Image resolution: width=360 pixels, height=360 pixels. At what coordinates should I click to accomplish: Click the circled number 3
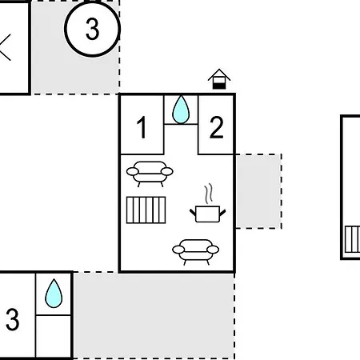coord(92,28)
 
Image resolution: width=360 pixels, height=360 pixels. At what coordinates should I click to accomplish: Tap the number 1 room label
coord(142,127)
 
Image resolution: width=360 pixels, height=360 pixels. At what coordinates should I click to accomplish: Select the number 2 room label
coord(216,127)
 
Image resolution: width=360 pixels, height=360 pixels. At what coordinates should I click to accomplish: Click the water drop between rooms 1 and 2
coord(181,110)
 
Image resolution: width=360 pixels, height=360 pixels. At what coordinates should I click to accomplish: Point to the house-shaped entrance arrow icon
coord(219,79)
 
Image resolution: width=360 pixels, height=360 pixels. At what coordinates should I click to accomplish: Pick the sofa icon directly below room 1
coord(150,174)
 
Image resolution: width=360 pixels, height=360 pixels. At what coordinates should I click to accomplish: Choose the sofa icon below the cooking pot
coord(195,251)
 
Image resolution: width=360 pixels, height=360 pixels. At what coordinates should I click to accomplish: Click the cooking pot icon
coord(208,214)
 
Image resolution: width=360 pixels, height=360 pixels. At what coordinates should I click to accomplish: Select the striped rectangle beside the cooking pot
coord(146,210)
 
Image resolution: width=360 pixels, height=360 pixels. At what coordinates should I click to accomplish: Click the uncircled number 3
coord(12,319)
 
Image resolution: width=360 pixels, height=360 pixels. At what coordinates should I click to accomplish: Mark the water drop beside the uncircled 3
coord(54,293)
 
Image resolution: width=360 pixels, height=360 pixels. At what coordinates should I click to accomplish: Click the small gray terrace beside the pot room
coord(258,191)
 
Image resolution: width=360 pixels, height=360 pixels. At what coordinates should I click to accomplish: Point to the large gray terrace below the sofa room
coord(154,315)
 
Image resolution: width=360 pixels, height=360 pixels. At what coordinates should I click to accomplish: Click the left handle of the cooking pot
coord(193,213)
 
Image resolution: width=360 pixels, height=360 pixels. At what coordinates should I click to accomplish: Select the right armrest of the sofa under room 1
coord(167,171)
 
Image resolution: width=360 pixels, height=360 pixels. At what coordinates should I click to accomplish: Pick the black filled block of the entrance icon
coord(219,86)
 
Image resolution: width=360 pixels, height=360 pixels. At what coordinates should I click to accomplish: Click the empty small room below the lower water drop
coord(54,337)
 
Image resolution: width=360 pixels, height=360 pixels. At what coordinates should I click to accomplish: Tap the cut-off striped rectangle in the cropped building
coord(352,239)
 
